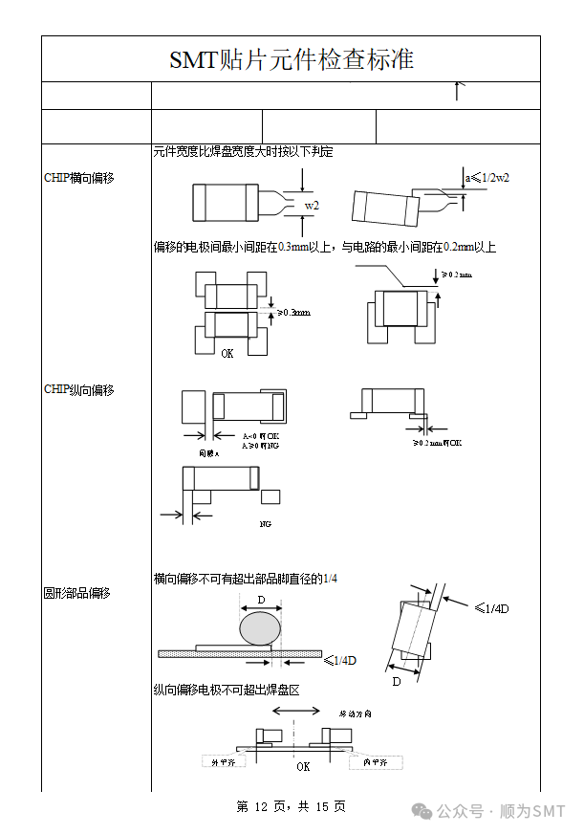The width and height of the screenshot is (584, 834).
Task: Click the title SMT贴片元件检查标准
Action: point(292,59)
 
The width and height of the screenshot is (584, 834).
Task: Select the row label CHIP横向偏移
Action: point(79,178)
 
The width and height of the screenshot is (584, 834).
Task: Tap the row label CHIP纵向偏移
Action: point(79,390)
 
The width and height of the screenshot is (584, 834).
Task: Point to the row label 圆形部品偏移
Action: point(77,593)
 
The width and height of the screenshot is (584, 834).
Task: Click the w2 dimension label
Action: point(312,206)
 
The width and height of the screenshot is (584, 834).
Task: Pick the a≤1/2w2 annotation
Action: point(487,178)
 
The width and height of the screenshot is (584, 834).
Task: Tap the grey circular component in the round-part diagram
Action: point(261,628)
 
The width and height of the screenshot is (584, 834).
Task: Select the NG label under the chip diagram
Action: point(266,524)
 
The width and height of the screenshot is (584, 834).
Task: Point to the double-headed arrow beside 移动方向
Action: point(296,711)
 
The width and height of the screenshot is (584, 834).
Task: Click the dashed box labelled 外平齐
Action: point(222,761)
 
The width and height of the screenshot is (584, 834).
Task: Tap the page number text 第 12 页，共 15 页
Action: point(291,807)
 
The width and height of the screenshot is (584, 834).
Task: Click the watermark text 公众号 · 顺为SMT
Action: point(501,811)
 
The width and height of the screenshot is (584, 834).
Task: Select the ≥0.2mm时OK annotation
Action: point(438,443)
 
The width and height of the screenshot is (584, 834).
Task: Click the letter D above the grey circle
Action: point(261,601)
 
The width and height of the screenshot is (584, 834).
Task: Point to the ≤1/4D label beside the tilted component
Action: point(491,609)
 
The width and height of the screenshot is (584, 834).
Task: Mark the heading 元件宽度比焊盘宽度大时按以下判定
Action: point(243,152)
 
